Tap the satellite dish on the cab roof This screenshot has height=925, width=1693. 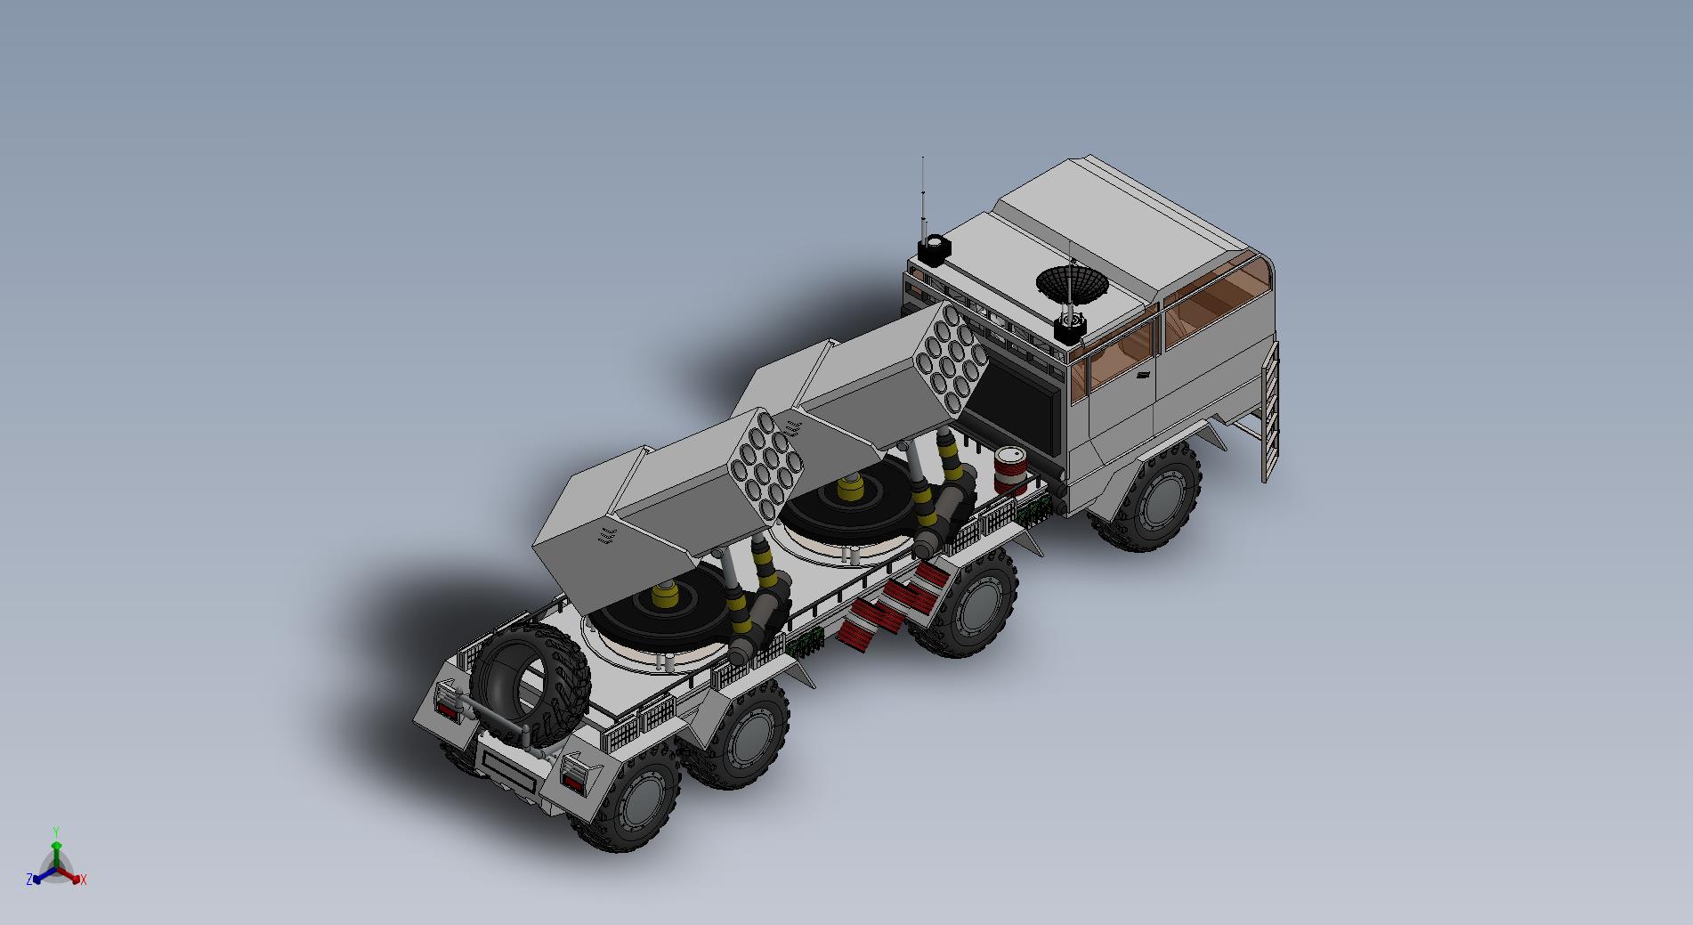coord(1072,283)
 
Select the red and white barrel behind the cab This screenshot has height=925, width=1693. coord(1010,470)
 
